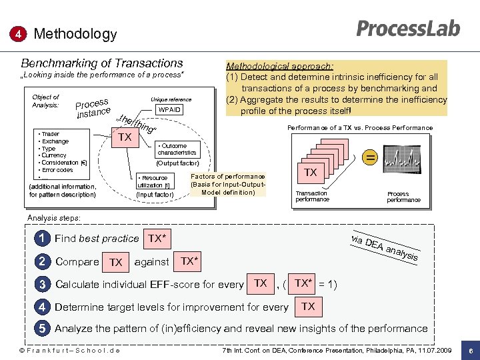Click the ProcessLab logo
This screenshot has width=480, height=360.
coord(408,28)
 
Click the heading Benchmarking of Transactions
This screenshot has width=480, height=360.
coord(102,63)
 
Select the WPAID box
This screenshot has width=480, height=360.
coord(169,110)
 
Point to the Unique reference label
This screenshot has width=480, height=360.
coord(171,99)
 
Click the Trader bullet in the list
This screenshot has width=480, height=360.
coord(50,134)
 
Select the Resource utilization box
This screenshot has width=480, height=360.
coord(154,181)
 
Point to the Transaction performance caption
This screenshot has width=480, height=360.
coord(312,197)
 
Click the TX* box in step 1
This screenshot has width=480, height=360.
coord(157,238)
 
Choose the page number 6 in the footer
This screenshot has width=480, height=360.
coord(471,351)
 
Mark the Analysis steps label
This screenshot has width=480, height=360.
coord(54,218)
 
